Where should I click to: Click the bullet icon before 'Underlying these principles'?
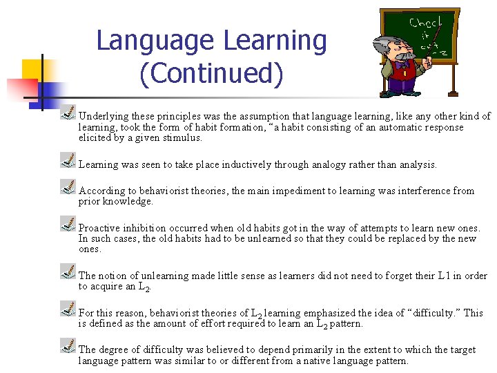point(68,112)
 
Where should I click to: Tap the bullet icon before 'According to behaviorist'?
point(68,186)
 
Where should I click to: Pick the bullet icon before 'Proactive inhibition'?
point(68,223)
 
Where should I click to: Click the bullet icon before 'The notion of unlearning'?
point(68,271)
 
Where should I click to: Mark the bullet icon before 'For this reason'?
point(68,308)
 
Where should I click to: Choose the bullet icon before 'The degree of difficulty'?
point(68,345)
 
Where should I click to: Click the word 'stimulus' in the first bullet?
point(182,137)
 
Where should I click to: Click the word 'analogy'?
point(333,164)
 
